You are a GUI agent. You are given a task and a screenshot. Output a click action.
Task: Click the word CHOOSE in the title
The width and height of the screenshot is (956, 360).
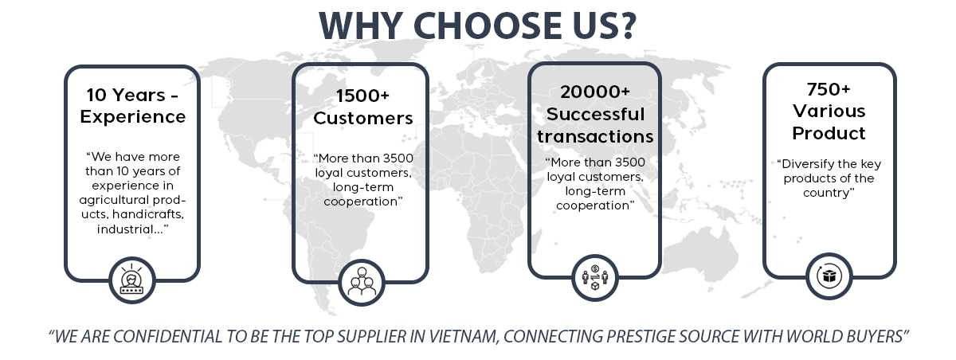point(487,26)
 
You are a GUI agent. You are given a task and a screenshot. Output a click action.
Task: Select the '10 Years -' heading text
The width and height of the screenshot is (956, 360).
point(131,94)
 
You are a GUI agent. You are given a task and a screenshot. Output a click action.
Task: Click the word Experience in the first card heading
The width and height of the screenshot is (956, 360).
point(131,116)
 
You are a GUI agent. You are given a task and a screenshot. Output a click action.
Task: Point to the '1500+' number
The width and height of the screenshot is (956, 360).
point(362,96)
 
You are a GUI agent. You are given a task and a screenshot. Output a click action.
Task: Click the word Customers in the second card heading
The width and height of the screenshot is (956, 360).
point(362,119)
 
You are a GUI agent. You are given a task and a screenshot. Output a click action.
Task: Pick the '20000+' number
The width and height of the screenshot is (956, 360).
point(595,92)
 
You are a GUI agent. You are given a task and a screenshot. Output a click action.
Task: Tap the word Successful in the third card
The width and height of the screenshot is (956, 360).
point(595,114)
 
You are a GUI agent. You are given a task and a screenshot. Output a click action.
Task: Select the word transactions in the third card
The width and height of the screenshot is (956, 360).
point(595,136)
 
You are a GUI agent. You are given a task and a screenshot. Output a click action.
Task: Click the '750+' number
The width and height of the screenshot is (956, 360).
point(829,88)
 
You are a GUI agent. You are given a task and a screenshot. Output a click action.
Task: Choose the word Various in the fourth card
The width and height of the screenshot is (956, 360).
point(829,110)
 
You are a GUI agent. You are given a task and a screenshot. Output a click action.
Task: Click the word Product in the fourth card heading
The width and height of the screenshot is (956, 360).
point(829,132)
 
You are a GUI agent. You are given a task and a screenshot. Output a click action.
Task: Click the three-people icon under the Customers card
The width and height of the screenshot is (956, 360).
point(362,281)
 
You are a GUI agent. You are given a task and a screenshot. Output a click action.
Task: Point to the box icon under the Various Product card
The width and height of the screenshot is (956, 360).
point(829,276)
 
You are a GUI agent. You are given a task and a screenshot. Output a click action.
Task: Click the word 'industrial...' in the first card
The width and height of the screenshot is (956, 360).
point(133,229)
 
